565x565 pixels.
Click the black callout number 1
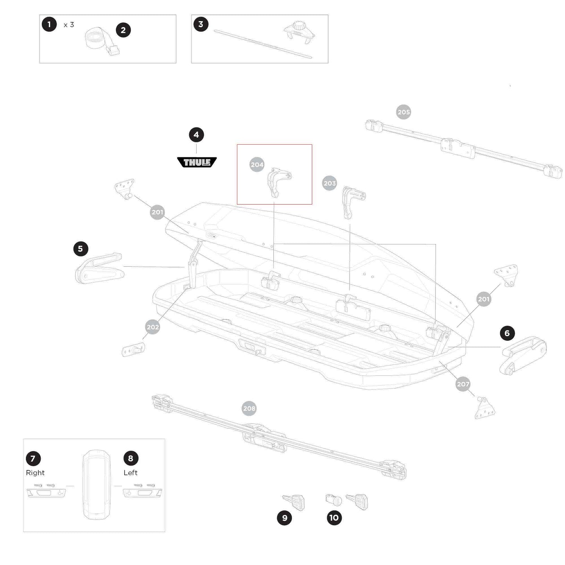click(x=49, y=25)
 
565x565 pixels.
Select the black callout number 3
click(x=201, y=24)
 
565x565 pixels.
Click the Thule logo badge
click(x=197, y=162)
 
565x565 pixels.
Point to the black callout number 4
click(x=196, y=135)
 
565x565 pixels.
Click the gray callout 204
click(x=257, y=165)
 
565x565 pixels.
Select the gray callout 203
click(x=330, y=183)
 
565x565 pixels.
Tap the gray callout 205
click(x=404, y=112)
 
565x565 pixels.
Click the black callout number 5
click(x=81, y=249)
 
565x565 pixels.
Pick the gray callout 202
click(x=152, y=327)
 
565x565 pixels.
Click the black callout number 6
click(x=507, y=333)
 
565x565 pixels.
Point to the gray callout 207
click(x=463, y=384)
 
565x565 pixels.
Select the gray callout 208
click(x=249, y=409)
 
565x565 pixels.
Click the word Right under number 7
click(x=35, y=473)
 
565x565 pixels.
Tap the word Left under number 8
click(x=130, y=473)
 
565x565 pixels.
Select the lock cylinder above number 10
click(x=334, y=500)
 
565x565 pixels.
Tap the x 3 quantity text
click(x=69, y=25)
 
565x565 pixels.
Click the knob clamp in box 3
click(x=299, y=31)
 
